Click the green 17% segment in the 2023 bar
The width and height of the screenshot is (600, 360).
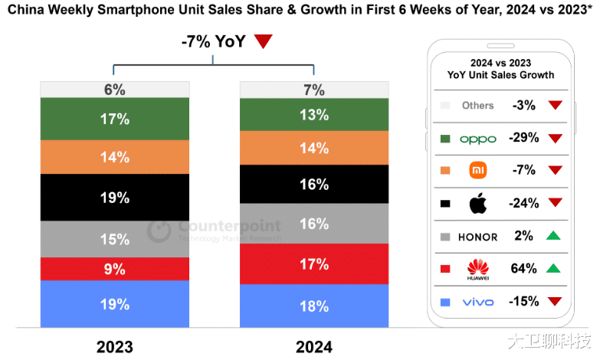114,119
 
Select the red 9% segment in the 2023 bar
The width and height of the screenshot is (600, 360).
114,269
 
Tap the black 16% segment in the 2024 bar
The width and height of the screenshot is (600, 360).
314,185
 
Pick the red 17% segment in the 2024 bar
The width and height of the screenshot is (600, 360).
314,264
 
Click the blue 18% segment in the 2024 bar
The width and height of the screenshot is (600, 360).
314,306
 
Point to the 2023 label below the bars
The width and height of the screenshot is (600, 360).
114,346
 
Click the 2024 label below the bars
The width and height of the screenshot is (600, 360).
314,346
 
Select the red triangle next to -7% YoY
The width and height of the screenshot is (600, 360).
263,42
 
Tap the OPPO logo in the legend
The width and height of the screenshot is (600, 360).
478,139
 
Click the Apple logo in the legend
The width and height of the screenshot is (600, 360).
478,204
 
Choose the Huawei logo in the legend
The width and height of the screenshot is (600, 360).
478,270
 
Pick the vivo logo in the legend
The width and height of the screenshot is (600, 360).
478,302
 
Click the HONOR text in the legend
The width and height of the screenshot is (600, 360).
478,237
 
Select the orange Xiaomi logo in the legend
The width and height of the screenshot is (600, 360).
478,171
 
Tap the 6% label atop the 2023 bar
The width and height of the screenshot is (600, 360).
114,90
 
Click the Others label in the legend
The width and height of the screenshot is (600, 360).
477,106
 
